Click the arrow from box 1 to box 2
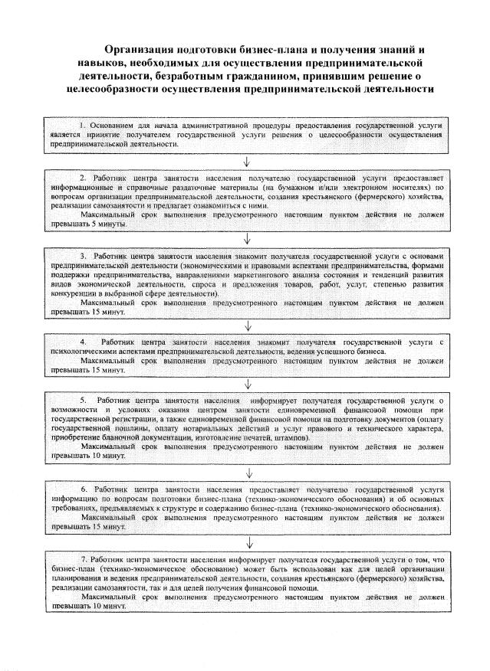pos(245,161)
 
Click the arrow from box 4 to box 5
pos(245,382)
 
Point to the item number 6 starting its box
pos(84,487)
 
